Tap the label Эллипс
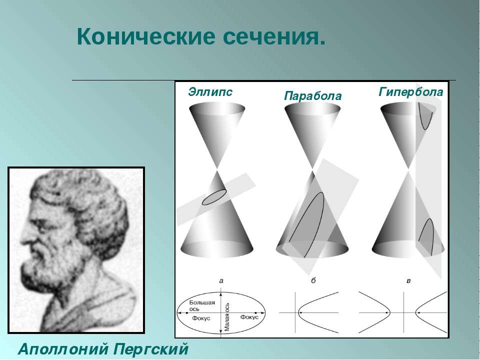pos(210,91)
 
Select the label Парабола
pos(312,96)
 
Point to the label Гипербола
pos(411,91)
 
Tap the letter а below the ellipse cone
pos(221,280)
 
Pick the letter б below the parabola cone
pos(313,280)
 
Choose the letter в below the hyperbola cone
pos(408,280)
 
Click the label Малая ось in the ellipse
pos(227,317)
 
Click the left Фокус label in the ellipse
pos(201,318)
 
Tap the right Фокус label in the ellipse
pos(249,317)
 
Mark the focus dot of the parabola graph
pos(300,312)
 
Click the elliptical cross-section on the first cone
pos(214,197)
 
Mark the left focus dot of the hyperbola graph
pos(387,312)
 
